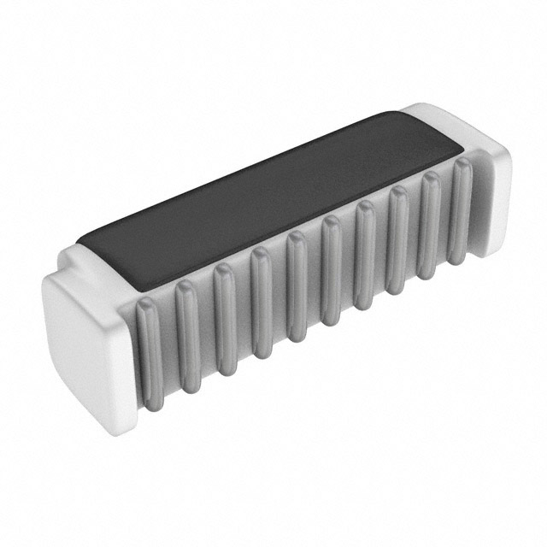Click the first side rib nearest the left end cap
(151, 355)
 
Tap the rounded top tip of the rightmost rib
(460, 163)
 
